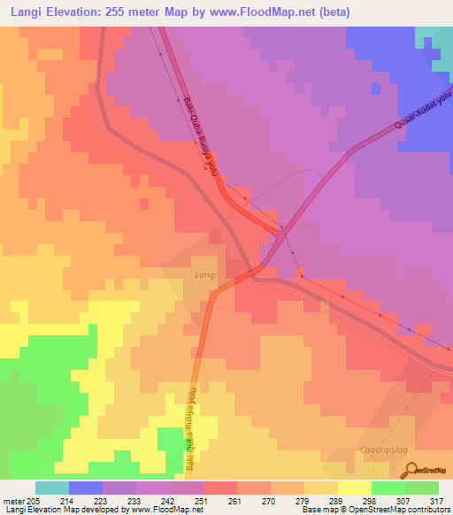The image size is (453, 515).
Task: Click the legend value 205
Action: click(34, 500)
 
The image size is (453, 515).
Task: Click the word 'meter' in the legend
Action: click(12, 500)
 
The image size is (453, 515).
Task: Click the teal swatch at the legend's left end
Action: click(52, 488)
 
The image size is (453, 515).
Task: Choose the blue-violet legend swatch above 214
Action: click(86, 488)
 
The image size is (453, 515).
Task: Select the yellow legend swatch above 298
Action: click(355, 488)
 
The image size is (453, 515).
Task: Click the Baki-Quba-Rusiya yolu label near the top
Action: click(202, 135)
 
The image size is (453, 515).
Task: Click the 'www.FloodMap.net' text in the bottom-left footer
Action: click(162, 509)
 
